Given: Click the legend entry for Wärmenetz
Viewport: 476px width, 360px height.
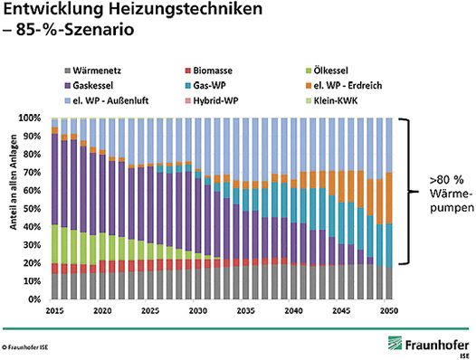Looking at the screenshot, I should point(98,69).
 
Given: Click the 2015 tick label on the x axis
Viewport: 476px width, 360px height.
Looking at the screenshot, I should point(55,308).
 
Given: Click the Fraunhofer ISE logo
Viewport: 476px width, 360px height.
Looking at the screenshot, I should point(426,345).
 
